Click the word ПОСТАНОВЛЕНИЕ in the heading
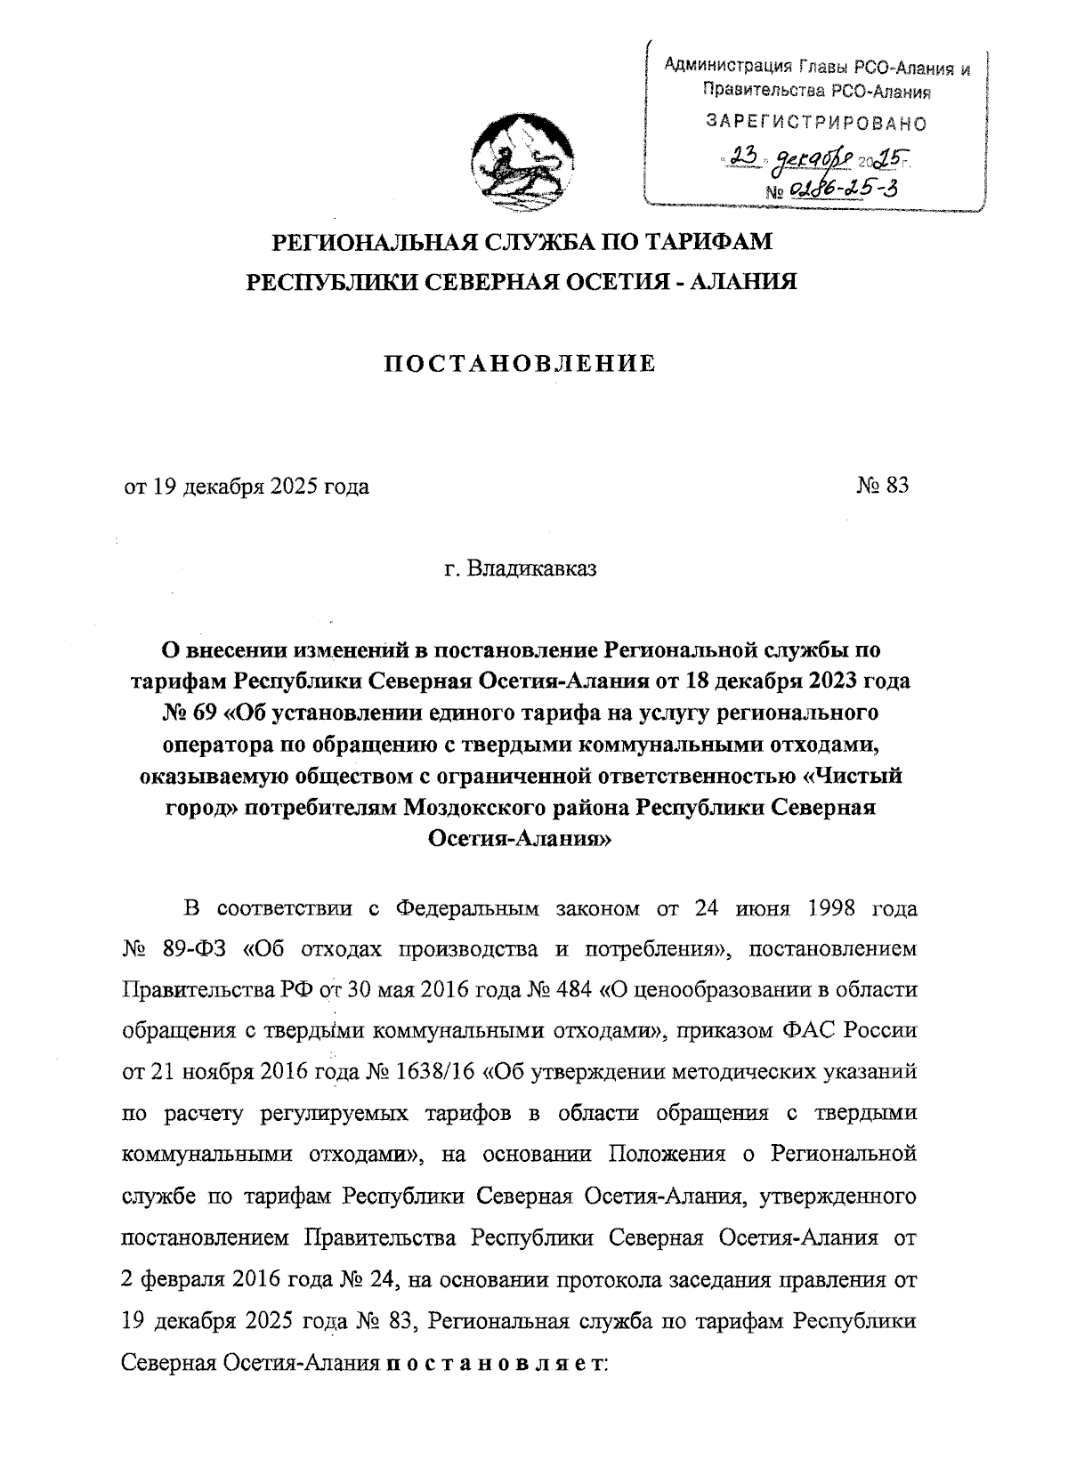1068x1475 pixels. pyautogui.click(x=520, y=363)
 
